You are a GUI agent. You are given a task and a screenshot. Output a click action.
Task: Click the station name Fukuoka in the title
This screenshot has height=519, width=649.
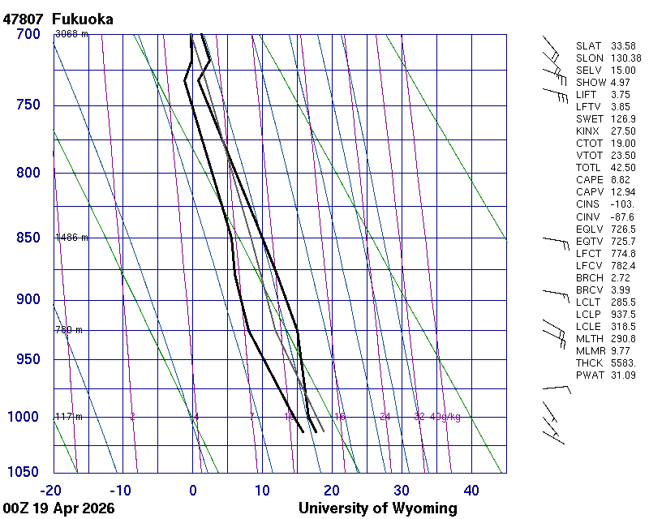click(x=82, y=18)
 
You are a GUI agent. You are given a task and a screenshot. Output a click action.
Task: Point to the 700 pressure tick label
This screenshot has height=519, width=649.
click(x=28, y=34)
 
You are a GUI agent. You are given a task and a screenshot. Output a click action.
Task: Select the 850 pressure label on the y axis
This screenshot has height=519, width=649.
click(x=28, y=238)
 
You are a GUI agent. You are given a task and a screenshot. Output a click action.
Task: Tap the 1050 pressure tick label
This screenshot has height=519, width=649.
click(x=24, y=473)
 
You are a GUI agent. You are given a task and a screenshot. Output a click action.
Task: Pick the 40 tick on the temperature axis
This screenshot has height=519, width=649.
click(x=471, y=489)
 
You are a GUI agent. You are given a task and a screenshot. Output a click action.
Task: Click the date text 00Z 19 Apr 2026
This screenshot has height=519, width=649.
click(x=58, y=508)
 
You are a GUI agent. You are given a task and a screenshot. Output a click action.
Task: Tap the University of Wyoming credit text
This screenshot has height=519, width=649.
click(x=378, y=508)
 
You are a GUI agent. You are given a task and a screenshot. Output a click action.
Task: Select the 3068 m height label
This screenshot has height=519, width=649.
click(x=71, y=34)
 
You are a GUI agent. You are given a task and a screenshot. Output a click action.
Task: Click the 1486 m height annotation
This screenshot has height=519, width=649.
click(x=71, y=238)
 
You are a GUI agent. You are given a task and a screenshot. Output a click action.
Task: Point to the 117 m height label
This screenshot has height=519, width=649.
click(x=68, y=417)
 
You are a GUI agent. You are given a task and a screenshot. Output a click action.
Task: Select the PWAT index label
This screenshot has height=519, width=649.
click(x=590, y=375)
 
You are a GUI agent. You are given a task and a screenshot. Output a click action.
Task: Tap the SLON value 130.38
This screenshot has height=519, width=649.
click(x=625, y=58)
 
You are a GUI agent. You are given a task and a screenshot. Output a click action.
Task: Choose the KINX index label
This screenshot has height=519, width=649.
click(x=590, y=131)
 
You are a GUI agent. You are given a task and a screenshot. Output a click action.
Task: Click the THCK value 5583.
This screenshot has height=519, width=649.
click(x=623, y=362)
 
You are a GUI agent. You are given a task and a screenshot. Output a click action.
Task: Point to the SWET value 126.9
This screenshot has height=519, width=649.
click(x=623, y=119)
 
